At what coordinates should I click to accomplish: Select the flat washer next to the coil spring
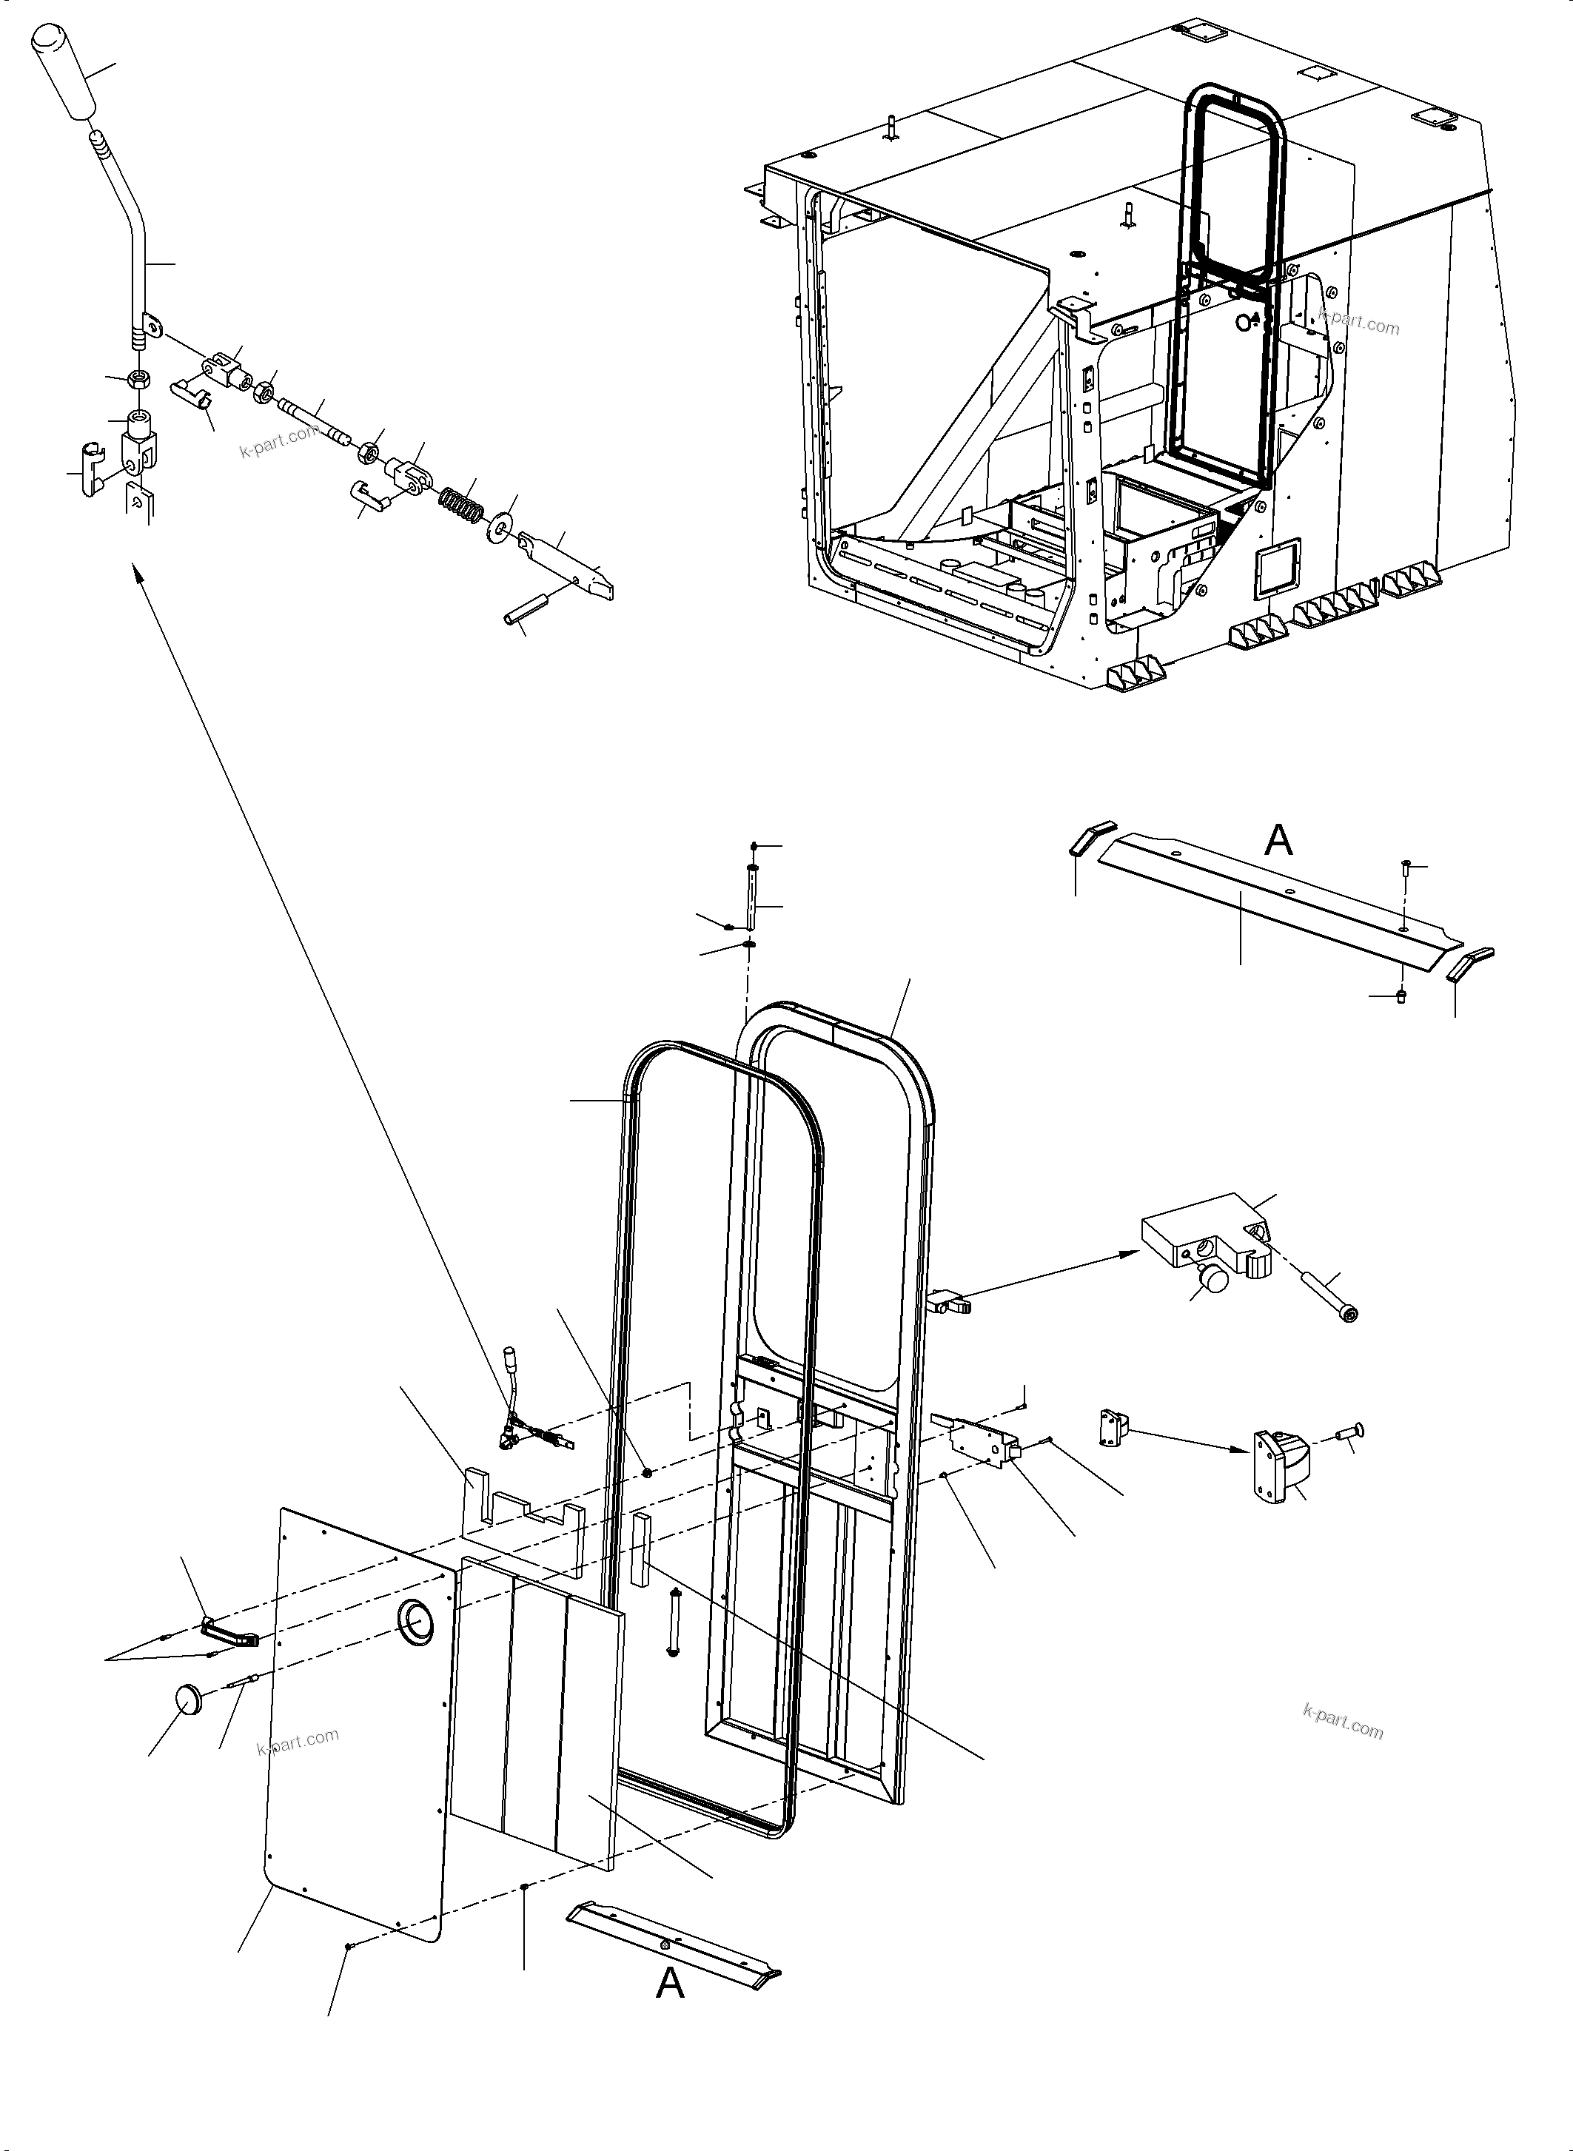point(500,526)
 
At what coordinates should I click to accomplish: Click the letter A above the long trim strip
point(1278,840)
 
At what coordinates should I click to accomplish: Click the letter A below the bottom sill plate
point(671,1984)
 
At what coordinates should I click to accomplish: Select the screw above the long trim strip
point(1406,868)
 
